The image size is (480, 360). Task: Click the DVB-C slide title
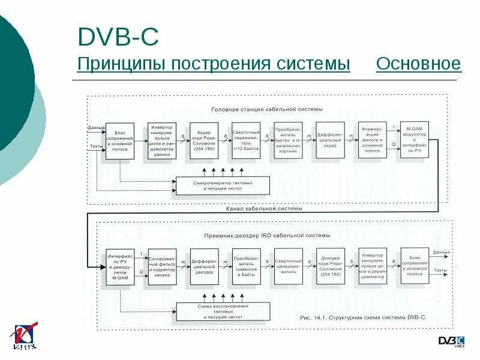point(118,37)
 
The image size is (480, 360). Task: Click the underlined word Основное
point(418,64)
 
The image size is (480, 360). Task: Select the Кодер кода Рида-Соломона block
point(204,141)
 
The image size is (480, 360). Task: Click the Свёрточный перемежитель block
point(246,141)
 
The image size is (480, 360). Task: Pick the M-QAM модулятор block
point(415,140)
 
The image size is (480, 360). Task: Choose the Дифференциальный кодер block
point(331,141)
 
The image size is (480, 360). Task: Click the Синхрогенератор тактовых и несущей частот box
point(223,185)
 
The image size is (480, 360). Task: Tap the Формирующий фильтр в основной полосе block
point(373,141)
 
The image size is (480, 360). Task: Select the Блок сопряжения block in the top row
point(119,141)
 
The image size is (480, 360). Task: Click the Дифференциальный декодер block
point(204,266)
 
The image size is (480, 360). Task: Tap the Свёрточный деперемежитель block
point(288,266)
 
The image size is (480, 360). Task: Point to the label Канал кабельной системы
point(264,210)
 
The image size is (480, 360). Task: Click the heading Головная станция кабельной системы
point(266,110)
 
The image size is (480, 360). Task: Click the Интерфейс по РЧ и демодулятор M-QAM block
point(119,266)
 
